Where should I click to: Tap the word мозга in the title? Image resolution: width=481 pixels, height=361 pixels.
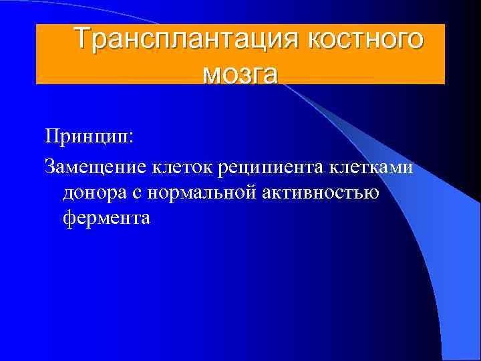point(240,72)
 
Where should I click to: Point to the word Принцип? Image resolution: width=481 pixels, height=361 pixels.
point(86,136)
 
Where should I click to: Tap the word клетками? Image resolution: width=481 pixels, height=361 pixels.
point(375,166)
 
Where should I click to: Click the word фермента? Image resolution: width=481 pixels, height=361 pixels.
point(107,219)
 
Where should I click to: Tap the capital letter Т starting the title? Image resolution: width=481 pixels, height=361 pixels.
point(82,39)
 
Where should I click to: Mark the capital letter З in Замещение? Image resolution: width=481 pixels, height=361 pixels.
point(49,166)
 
